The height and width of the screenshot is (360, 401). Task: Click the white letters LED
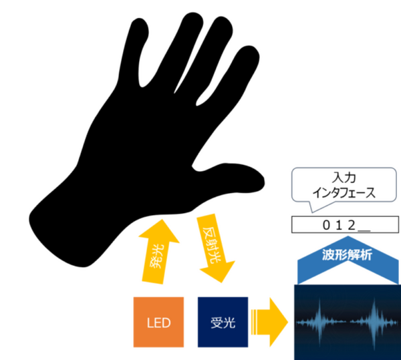(158, 323)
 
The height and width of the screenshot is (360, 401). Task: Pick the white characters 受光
(223, 323)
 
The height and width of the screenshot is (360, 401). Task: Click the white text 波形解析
(347, 255)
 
